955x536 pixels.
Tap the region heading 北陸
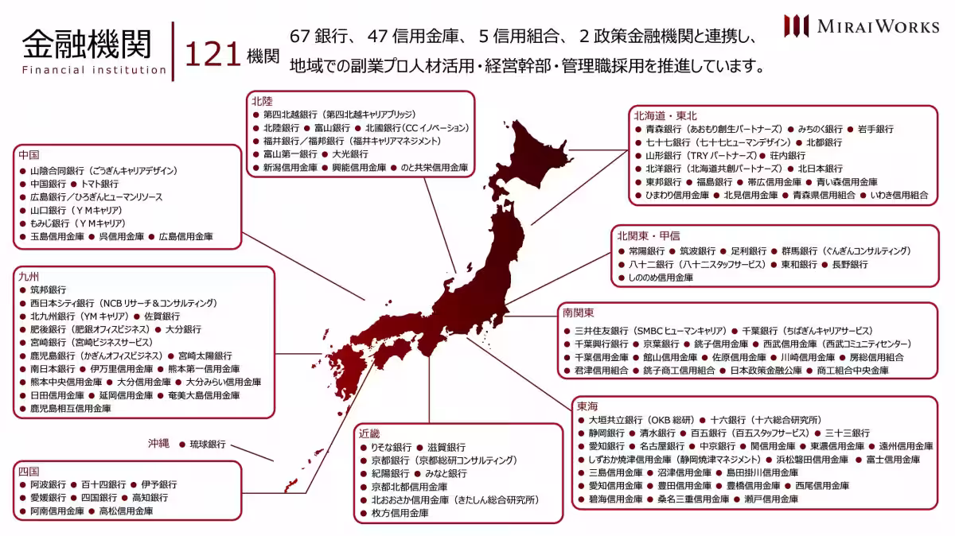[262, 101]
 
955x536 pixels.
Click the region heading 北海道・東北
[665, 115]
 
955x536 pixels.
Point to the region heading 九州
[29, 277]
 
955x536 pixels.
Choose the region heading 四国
[29, 471]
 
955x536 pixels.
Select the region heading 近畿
[370, 433]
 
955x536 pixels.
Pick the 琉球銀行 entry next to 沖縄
[207, 445]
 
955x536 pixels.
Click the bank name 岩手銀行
[875, 129]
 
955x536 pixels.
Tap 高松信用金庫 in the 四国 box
[126, 511]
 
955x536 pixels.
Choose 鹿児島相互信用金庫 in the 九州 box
[70, 408]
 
